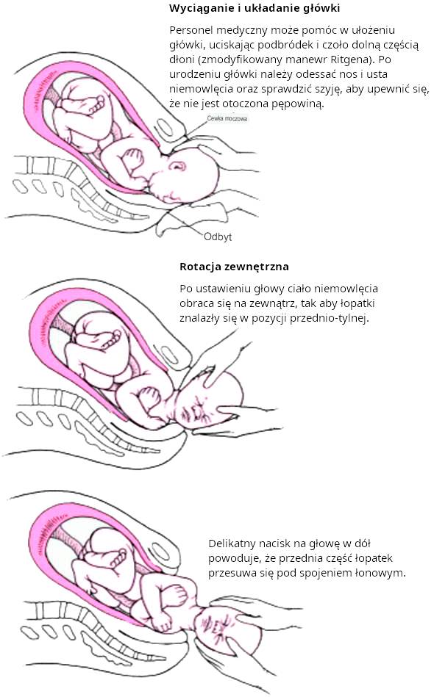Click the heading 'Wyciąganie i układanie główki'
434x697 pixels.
pos(255,8)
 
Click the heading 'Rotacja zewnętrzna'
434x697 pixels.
pos(234,267)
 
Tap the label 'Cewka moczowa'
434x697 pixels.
pos(227,119)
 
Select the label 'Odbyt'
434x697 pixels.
pos(218,236)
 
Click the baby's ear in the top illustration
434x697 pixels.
pos(178,166)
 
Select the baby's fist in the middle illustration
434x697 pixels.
pos(149,397)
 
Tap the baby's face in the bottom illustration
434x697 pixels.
pos(215,629)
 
